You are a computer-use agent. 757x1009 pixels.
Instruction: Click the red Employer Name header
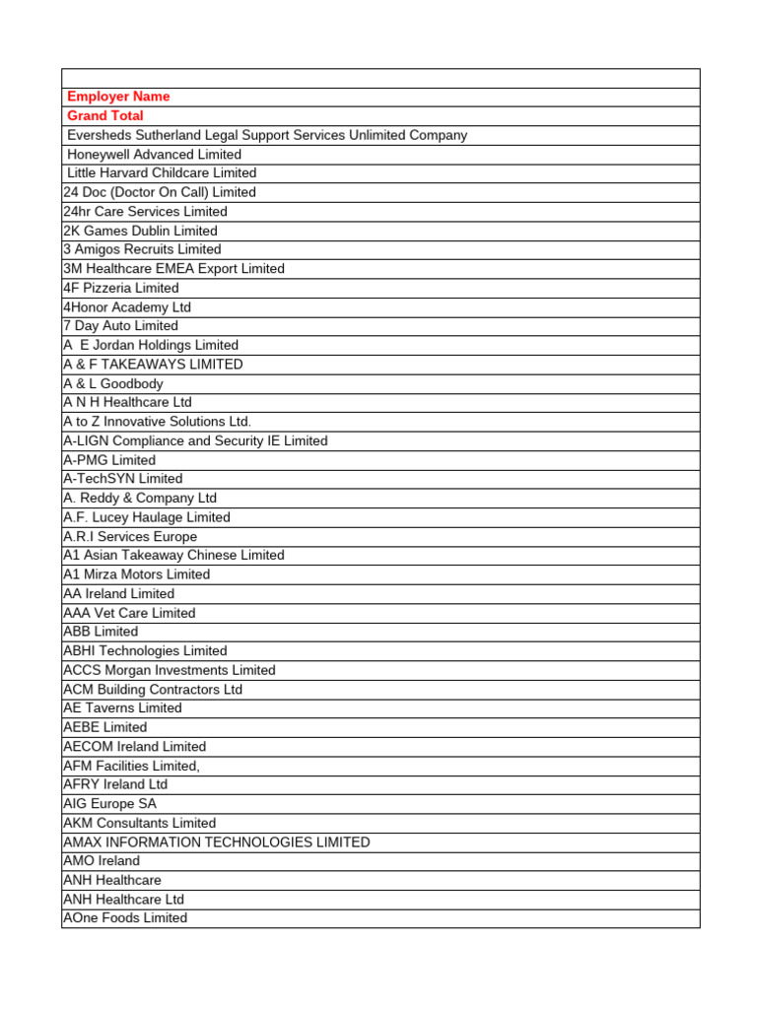(118, 97)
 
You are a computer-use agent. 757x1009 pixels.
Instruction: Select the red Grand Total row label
(105, 116)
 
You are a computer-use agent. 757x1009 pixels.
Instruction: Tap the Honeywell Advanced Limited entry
(154, 155)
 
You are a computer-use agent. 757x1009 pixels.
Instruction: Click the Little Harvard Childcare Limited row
(162, 173)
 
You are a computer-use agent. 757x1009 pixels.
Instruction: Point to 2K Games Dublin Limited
(140, 231)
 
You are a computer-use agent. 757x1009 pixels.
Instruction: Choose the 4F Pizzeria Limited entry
(121, 288)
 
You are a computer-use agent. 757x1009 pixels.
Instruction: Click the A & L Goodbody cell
(113, 383)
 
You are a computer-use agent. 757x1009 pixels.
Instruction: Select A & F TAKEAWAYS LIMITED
(153, 365)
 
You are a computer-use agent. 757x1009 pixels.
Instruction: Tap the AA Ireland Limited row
(118, 594)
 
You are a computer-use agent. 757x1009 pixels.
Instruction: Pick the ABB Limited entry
(101, 632)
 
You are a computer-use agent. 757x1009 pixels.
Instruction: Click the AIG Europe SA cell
(109, 804)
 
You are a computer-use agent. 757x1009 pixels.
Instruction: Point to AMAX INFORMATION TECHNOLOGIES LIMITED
(217, 842)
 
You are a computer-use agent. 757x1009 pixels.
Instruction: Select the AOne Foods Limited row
(125, 918)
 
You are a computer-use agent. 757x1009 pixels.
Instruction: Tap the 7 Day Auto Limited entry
(120, 326)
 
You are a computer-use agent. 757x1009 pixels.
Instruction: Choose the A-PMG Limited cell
(109, 460)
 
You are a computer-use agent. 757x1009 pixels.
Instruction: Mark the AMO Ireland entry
(102, 861)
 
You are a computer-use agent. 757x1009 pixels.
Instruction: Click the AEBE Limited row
(104, 727)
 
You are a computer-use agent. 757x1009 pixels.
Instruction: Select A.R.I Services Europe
(130, 537)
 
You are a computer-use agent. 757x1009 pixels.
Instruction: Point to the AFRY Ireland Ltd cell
(115, 784)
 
